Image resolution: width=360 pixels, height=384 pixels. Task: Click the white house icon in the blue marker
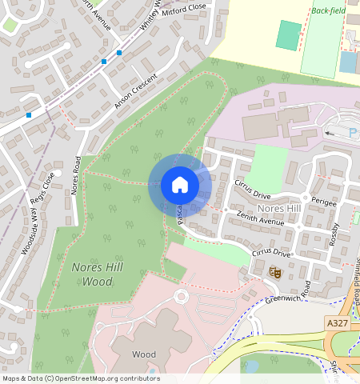coord(180,185)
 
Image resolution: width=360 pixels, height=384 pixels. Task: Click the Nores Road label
coord(76,174)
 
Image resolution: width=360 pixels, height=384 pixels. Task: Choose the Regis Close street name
coord(48,190)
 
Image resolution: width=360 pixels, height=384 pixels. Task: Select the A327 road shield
coord(337,322)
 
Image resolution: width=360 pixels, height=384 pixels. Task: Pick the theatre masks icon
coord(276,272)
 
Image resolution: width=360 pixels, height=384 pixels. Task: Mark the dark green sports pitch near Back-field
coord(289,34)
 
